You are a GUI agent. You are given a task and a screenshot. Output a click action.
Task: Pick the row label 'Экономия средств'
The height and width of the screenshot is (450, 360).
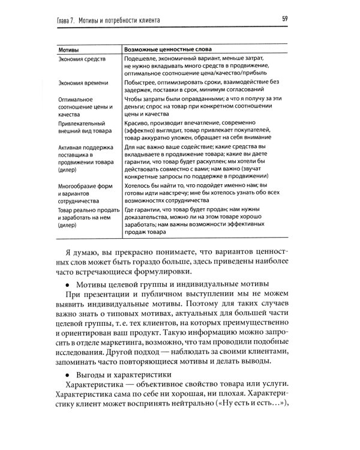point(82,60)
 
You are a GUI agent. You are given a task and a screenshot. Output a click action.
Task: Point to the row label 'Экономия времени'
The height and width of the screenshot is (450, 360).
point(83,83)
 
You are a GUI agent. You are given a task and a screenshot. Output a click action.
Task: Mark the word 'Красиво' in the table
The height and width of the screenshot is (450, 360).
point(136,121)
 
